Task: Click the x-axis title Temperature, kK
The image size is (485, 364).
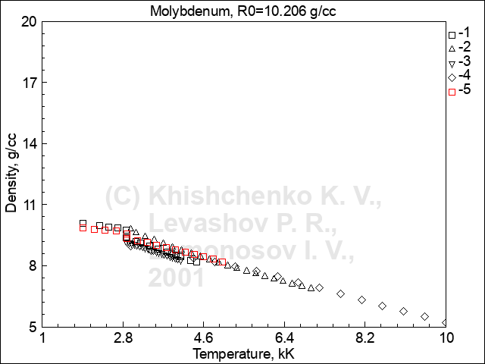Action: tap(242, 353)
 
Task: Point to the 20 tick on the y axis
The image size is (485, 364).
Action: tap(30, 21)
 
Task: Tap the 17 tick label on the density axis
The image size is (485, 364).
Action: tap(30, 83)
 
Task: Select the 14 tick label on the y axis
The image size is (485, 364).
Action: tap(30, 144)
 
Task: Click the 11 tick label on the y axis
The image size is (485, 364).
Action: tap(30, 205)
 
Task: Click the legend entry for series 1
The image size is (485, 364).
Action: tap(460, 34)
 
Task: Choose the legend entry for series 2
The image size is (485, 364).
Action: tap(460, 49)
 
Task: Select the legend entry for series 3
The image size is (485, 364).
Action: tap(460, 63)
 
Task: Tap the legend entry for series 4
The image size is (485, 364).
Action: tap(460, 77)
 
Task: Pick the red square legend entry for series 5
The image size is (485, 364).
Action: tap(460, 92)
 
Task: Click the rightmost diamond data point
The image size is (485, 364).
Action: tap(446, 322)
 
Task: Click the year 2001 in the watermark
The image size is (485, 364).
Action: tap(176, 278)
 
